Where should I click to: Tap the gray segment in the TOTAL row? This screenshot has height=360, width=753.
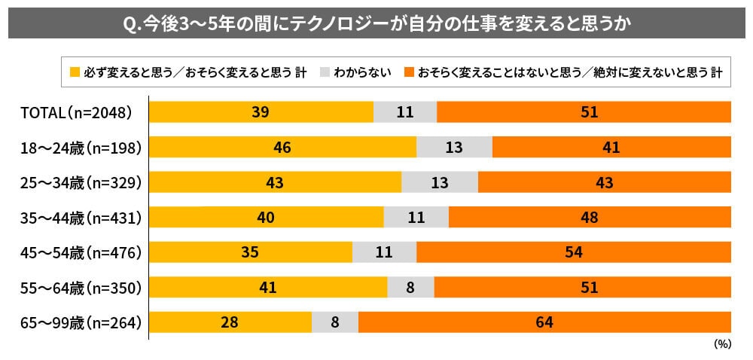[x=405, y=112]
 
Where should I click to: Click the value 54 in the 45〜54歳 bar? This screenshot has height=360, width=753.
[x=574, y=252]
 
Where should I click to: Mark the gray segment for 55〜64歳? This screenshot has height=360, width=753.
[x=410, y=287]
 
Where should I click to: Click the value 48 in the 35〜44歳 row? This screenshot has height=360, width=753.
[x=590, y=218]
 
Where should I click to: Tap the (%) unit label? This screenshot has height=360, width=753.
[x=721, y=343]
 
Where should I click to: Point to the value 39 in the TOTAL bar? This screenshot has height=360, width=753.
[x=261, y=112]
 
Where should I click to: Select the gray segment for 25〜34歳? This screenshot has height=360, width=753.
[x=440, y=182]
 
